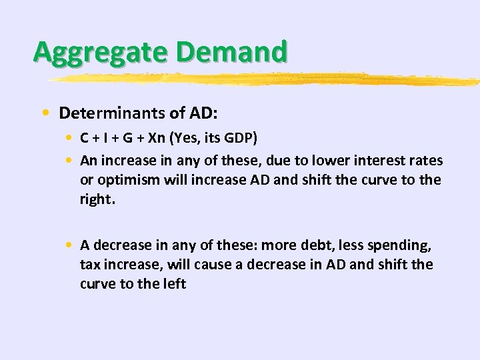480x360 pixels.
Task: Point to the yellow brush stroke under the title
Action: click(x=267, y=79)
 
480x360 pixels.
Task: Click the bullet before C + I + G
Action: click(x=69, y=139)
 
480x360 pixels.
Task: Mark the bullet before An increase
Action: click(x=69, y=161)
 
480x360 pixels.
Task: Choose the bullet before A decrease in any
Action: click(x=69, y=244)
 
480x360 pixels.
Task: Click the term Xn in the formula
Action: click(x=157, y=139)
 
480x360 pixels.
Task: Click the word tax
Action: click(x=89, y=264)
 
